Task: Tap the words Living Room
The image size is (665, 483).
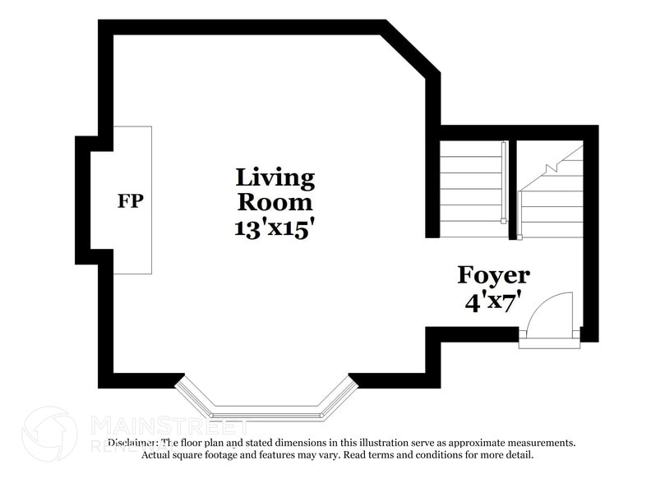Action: (x=275, y=190)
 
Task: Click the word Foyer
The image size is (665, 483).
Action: (x=493, y=274)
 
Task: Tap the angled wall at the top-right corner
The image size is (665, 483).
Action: (x=410, y=49)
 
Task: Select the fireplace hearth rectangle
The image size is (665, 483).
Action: (x=132, y=200)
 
